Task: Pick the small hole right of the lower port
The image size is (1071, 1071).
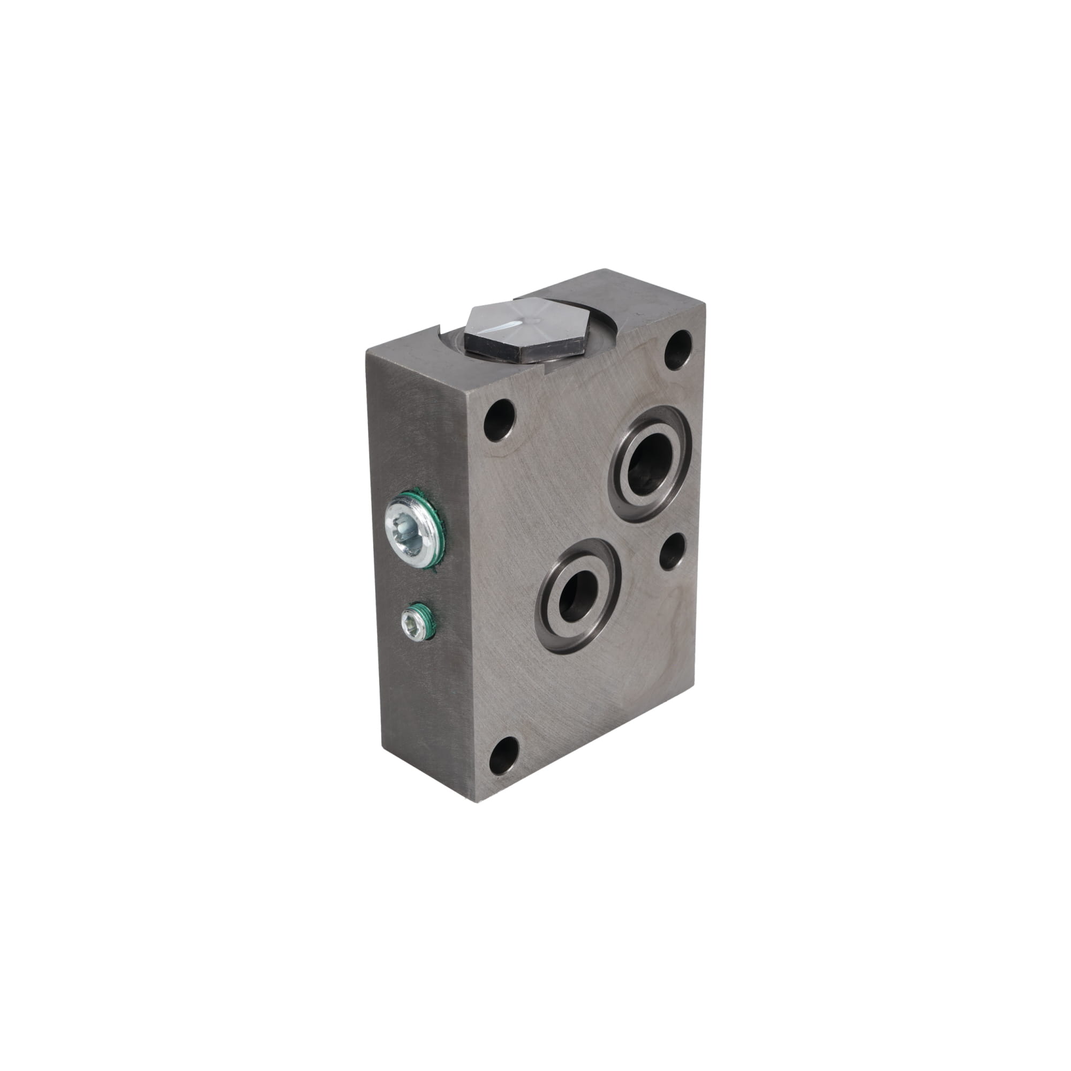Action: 672,552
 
